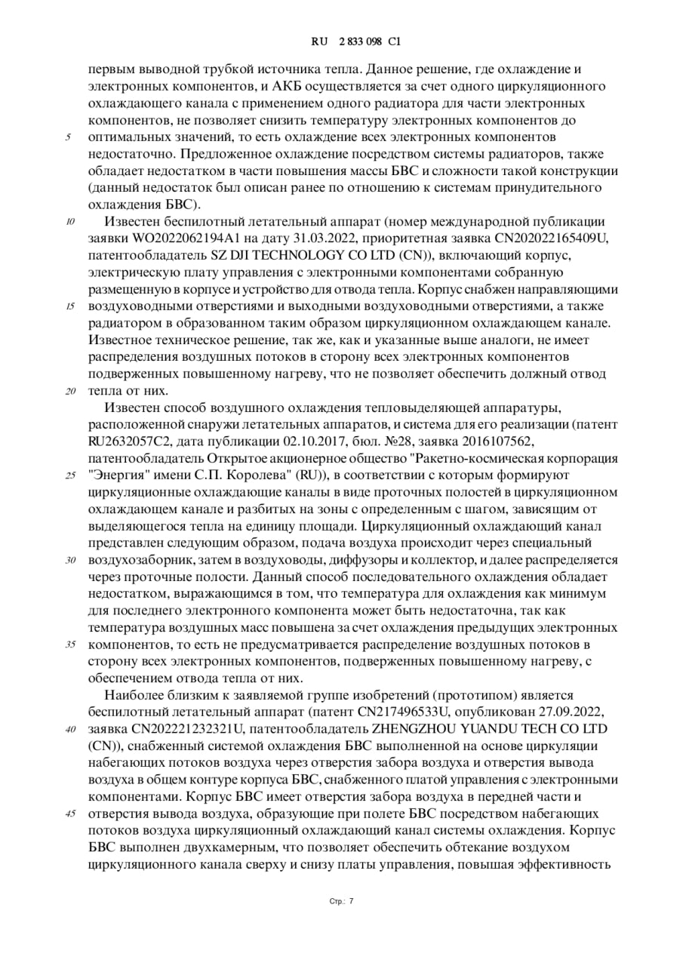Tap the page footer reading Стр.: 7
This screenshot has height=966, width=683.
341,900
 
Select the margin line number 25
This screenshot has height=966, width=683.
70,475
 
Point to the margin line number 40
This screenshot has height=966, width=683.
70,729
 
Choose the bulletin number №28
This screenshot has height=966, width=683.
412,441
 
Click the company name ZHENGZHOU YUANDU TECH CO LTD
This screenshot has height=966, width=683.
489,729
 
